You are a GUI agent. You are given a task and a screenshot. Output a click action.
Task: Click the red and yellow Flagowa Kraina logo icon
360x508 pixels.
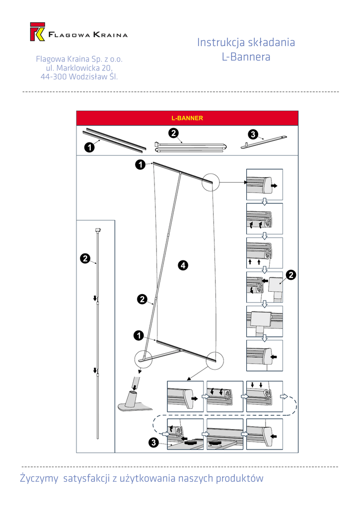38,31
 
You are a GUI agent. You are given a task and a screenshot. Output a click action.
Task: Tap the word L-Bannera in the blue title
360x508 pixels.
246,57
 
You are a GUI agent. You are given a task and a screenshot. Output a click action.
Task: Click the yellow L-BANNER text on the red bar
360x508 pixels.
187,119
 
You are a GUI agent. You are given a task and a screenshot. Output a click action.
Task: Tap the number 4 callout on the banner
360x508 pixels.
183,266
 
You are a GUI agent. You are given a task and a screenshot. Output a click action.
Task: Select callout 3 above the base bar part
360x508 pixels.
252,134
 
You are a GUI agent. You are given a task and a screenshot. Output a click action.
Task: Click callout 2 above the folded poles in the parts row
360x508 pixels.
173,133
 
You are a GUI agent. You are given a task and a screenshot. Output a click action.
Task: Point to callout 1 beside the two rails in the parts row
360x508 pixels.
89,147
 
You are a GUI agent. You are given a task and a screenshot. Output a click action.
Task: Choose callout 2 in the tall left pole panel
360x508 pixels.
85,258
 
